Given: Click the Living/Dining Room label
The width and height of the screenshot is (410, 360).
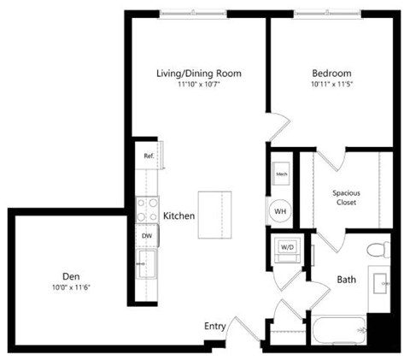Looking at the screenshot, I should (x=198, y=74).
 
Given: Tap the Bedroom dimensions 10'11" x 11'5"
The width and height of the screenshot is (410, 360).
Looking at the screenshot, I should (x=330, y=86).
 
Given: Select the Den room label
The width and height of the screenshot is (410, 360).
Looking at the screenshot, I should (x=71, y=275).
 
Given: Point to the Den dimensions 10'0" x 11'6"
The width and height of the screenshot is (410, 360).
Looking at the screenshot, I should (x=71, y=287).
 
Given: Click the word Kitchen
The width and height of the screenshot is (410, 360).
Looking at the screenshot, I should (x=179, y=216).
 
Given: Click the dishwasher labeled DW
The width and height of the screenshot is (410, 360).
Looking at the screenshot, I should (x=147, y=234).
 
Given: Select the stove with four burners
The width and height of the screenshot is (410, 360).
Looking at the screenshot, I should (x=147, y=208).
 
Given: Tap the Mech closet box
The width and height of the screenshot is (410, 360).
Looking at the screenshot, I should (x=281, y=174).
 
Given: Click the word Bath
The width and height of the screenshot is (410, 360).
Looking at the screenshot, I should (x=347, y=279).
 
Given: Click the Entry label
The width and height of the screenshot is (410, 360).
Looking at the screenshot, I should (x=214, y=326).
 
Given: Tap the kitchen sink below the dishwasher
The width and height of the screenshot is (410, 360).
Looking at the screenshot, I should (x=147, y=263).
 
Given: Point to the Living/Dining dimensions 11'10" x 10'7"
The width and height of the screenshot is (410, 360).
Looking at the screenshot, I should (x=198, y=86).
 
